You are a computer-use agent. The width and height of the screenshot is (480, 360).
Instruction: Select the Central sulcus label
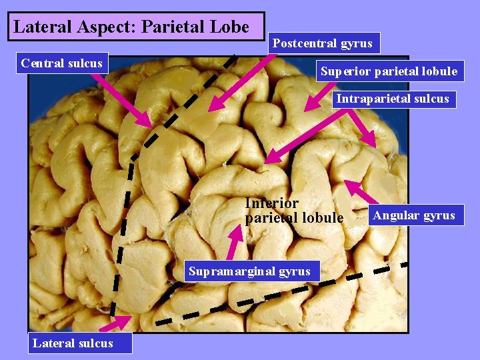(x=61, y=63)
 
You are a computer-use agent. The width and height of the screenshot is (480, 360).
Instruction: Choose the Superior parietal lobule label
(x=389, y=71)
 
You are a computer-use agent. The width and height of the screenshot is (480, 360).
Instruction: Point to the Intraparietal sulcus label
(x=392, y=99)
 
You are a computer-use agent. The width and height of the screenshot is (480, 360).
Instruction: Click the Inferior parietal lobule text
(x=294, y=210)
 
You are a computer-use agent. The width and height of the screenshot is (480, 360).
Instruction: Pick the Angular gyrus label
(x=413, y=215)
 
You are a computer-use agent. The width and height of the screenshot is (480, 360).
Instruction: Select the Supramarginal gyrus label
(x=249, y=271)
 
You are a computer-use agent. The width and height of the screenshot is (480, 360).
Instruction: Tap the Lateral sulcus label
(x=73, y=343)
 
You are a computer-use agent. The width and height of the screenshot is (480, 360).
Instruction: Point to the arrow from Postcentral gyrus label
(x=242, y=82)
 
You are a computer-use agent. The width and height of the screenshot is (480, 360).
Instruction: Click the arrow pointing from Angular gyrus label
(x=357, y=191)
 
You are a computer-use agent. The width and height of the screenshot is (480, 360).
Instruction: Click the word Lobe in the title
(x=233, y=27)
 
